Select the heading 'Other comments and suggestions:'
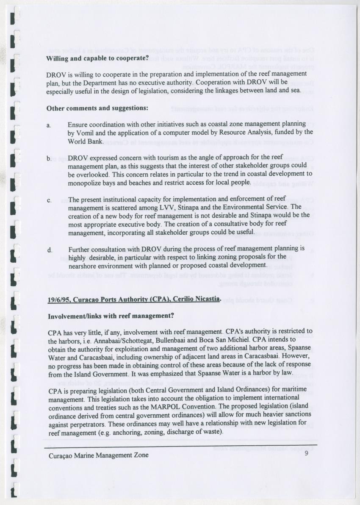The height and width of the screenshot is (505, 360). pyautogui.click(x=97, y=108)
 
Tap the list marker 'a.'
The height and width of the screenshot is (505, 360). pyautogui.click(x=50, y=125)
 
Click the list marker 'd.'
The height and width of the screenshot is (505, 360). pyautogui.click(x=50, y=250)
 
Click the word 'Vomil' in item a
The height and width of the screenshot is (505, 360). pyautogui.click(x=86, y=133)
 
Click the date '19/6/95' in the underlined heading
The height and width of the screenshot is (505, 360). pyautogui.click(x=58, y=300)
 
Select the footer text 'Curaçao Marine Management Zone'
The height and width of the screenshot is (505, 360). pyautogui.click(x=98, y=456)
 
